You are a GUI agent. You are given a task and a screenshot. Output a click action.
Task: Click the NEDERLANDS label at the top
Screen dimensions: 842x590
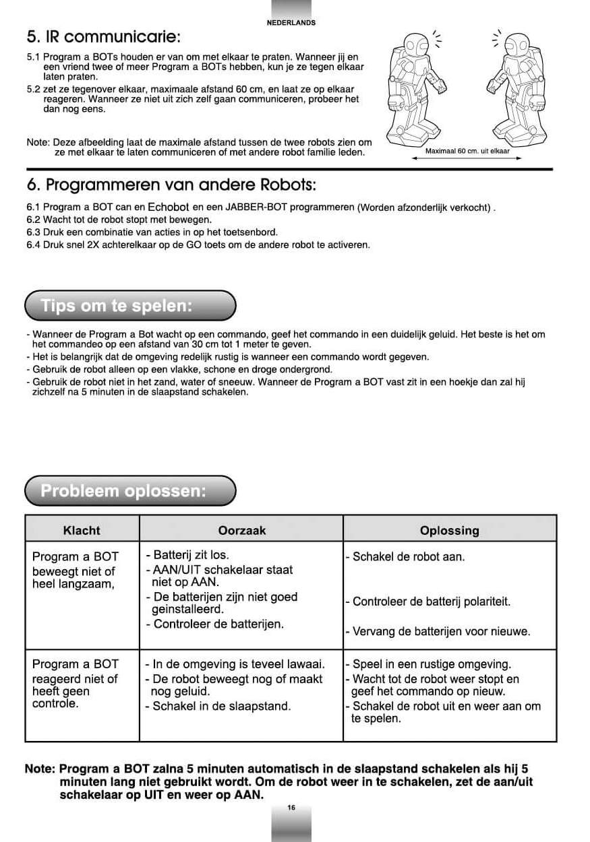coord(291,22)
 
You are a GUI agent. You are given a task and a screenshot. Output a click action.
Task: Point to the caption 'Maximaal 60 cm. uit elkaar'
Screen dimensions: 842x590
coord(467,151)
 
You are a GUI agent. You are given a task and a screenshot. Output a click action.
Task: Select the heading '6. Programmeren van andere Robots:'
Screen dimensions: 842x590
coord(171,185)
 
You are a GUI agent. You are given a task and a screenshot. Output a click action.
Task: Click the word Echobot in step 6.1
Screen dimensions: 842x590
coord(168,207)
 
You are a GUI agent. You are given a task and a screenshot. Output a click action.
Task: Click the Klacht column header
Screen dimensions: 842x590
coord(82,530)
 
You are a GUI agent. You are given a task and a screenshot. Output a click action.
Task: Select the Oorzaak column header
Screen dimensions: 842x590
coord(242,530)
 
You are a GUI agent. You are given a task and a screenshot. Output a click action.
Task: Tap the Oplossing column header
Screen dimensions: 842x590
coord(449,530)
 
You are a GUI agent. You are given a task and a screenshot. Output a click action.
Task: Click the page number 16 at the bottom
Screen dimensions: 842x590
coord(291,808)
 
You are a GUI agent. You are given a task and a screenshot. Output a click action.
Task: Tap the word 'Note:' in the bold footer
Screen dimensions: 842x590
coord(40,769)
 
